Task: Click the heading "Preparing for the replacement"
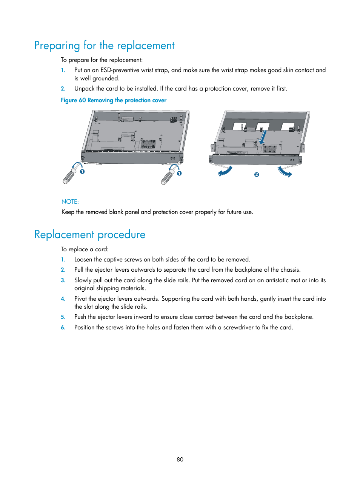pyautogui.click(x=104, y=46)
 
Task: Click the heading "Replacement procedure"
pyautogui.click(x=90, y=235)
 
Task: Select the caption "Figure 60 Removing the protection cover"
pyautogui.click(x=114, y=100)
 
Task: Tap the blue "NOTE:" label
pyautogui.click(x=70, y=202)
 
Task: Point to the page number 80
pyautogui.click(x=180, y=460)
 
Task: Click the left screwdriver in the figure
pyautogui.click(x=70, y=175)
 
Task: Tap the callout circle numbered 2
pyautogui.click(x=257, y=175)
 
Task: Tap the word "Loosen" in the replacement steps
pyautogui.click(x=83, y=260)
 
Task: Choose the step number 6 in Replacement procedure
pyautogui.click(x=63, y=328)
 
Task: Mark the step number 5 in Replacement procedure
pyautogui.click(x=63, y=317)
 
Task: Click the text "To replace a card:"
pyautogui.click(x=85, y=249)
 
